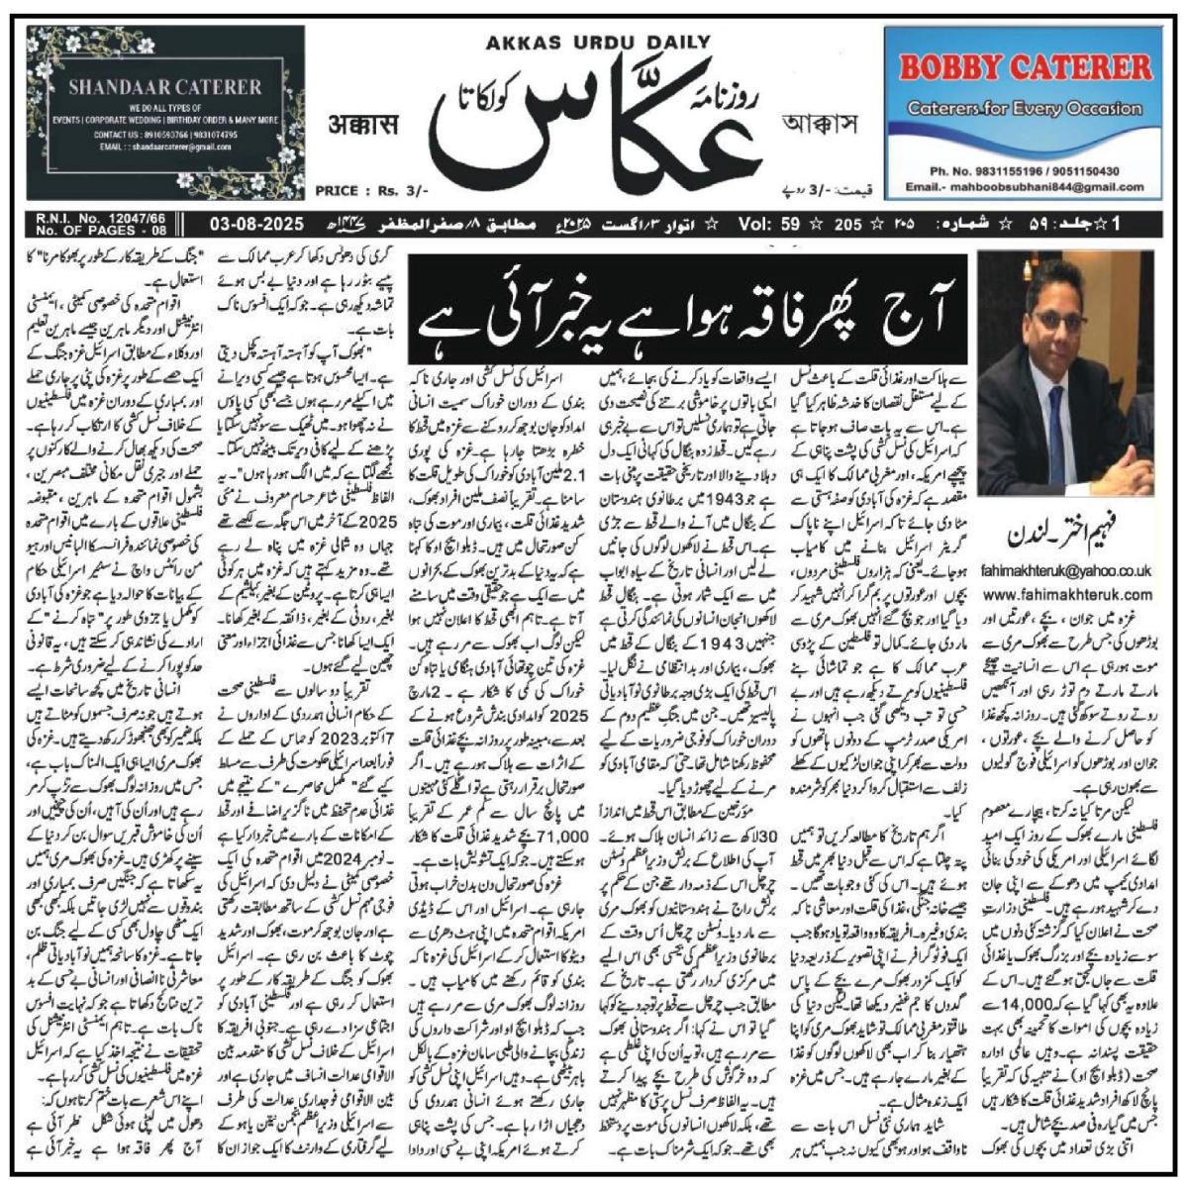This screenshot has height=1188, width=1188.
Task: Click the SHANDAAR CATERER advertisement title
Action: [x=164, y=86]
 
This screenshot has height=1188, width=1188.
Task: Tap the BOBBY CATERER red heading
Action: [x=1025, y=67]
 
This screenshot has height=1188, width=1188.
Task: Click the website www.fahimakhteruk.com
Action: [x=1065, y=594]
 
